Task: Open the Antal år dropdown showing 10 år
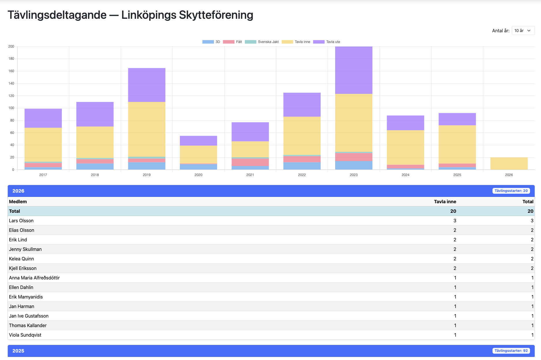pyautogui.click(x=523, y=31)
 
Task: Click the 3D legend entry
pyautogui.click(x=211, y=42)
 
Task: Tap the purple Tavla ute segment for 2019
pyautogui.click(x=147, y=85)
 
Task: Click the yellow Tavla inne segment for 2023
pyautogui.click(x=354, y=123)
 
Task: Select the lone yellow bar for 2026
pyautogui.click(x=509, y=163)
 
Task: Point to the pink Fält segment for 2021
pyautogui.click(x=250, y=162)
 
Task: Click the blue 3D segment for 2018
pyautogui.click(x=95, y=167)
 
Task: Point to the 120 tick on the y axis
pyautogui.click(x=11, y=96)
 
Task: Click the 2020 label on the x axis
pyautogui.click(x=198, y=175)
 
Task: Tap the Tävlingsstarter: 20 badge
pyautogui.click(x=511, y=191)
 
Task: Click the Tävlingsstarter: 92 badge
pyautogui.click(x=511, y=351)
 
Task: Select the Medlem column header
pyautogui.click(x=18, y=202)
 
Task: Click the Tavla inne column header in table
pyautogui.click(x=445, y=202)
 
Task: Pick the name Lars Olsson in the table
pyautogui.click(x=21, y=221)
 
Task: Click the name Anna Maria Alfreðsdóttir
pyautogui.click(x=34, y=278)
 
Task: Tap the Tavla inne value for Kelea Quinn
pyautogui.click(x=455, y=259)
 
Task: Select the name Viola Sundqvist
pyautogui.click(x=25, y=335)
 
